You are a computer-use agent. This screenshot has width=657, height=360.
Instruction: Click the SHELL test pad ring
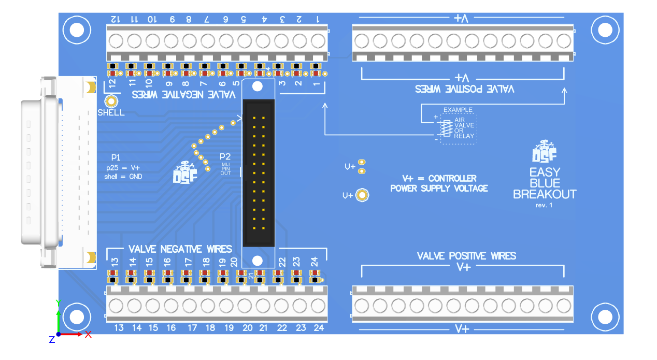coord(111,102)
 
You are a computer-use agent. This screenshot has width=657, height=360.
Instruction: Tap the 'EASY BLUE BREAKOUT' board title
coord(545,183)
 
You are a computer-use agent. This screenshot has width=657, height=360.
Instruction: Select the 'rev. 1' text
coord(544,205)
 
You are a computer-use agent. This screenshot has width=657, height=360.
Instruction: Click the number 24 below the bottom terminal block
coord(319,328)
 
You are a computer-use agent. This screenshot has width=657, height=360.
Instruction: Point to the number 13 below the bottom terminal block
coord(119,328)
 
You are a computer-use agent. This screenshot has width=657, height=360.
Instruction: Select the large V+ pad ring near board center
coord(363,195)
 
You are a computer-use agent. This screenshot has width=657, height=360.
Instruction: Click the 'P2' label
coord(225,156)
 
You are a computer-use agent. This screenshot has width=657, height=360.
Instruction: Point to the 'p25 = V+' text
coord(123,167)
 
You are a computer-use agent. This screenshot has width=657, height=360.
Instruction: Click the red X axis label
coord(88,335)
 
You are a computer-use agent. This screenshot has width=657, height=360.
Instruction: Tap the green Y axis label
coord(59,303)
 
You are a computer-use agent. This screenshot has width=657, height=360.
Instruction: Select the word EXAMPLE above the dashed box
coord(458,110)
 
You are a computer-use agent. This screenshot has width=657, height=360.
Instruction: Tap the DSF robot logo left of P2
coord(184,172)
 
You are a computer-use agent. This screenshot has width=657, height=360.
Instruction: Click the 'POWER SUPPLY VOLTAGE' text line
coord(439,189)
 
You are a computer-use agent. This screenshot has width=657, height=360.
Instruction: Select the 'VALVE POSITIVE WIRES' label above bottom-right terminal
coord(466,256)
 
